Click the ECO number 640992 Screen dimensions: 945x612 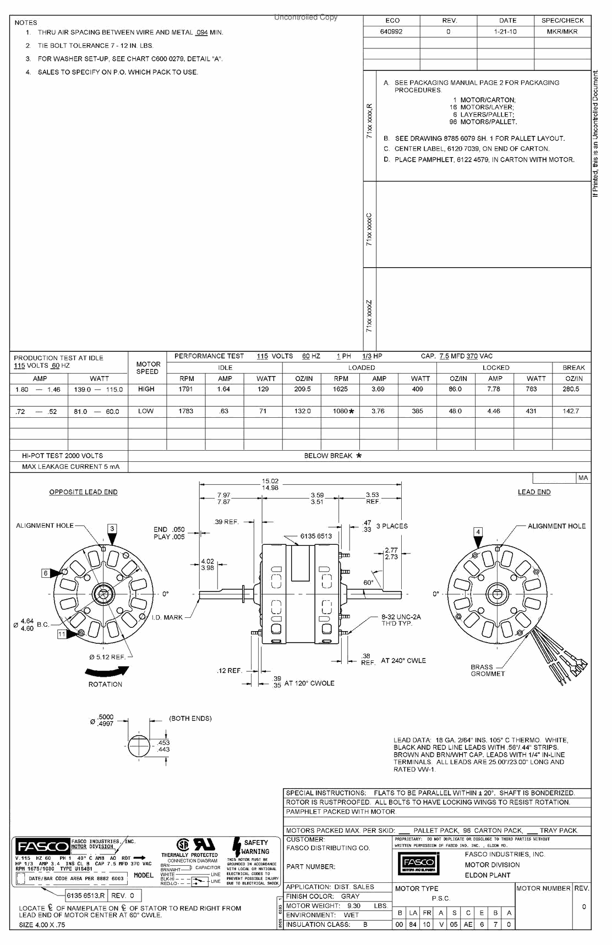pos(391,32)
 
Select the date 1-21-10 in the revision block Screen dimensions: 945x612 pos(505,32)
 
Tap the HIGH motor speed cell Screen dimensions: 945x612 pos(146,389)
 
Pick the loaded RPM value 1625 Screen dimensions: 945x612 pos(341,389)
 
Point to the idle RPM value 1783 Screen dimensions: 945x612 pos(186,411)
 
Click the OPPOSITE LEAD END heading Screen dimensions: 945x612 pos(83,492)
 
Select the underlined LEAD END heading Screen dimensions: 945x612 pos(534,492)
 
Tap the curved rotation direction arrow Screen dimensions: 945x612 pos(107,671)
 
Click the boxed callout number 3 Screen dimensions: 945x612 pos(112,529)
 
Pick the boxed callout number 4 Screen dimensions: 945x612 pos(478,532)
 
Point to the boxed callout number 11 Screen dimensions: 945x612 pos(62,634)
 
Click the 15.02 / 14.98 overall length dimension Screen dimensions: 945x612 pos(270,484)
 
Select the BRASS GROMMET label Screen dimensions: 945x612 pos(487,670)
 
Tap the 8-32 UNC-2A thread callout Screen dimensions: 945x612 pos(401,620)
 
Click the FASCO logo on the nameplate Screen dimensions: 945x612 pos(42,847)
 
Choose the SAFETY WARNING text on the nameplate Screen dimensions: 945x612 pos(255,847)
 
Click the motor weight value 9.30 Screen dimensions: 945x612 pos(354,906)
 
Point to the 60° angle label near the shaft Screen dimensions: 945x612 pos(368,582)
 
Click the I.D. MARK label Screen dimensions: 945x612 pos(167,617)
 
